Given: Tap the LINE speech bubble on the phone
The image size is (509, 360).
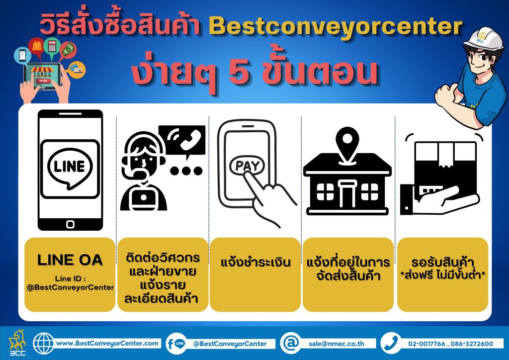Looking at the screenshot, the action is pos(70,168).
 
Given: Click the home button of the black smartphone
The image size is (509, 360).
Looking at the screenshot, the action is pos(70,224).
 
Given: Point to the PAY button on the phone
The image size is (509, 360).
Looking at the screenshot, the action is pos(247,166).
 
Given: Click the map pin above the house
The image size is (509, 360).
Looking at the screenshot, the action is pos(347,143).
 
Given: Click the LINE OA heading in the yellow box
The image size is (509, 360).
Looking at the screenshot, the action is pos(70,260).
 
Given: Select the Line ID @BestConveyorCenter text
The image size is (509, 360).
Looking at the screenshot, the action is pos(70,283).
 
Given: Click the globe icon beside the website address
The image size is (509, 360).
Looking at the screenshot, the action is pos(44,343).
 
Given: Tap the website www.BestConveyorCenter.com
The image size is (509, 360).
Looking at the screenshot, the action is pos(107,343).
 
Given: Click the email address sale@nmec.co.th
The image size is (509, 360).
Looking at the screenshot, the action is pos(337,344).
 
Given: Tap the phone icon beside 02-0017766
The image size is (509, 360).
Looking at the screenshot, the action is pos(391,343).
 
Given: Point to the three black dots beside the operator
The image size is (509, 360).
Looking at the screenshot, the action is pos(186,171).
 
